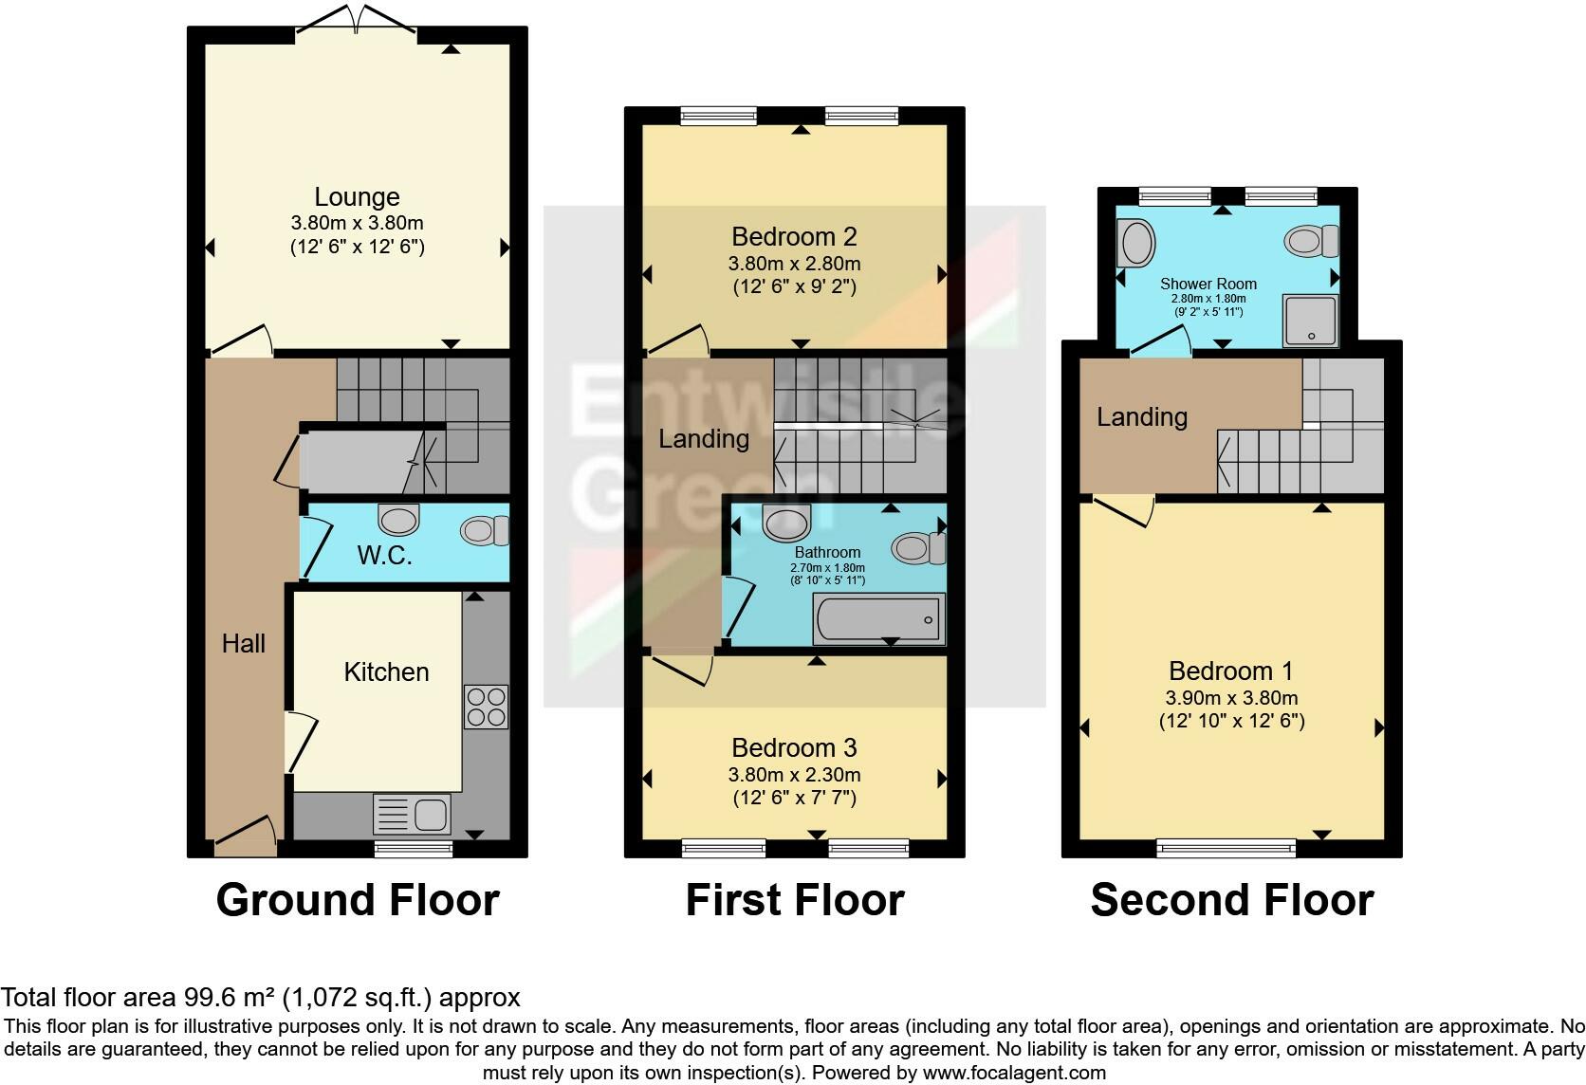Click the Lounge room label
point(357,196)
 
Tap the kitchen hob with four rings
point(486,707)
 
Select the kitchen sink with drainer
point(412,814)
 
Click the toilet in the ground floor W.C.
point(485,531)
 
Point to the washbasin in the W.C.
point(398,520)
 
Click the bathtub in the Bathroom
point(878,618)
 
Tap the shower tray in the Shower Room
point(1311,321)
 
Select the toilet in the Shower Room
point(1311,241)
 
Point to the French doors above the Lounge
point(356,20)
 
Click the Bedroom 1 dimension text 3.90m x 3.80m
point(1231,698)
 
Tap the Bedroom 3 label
point(794,747)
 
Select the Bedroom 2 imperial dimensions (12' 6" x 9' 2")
point(794,286)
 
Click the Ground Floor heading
point(358,899)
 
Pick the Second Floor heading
point(1232,899)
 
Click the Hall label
point(243,643)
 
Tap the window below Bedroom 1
point(1226,848)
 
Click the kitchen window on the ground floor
point(413,849)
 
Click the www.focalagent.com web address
point(1014,1073)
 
